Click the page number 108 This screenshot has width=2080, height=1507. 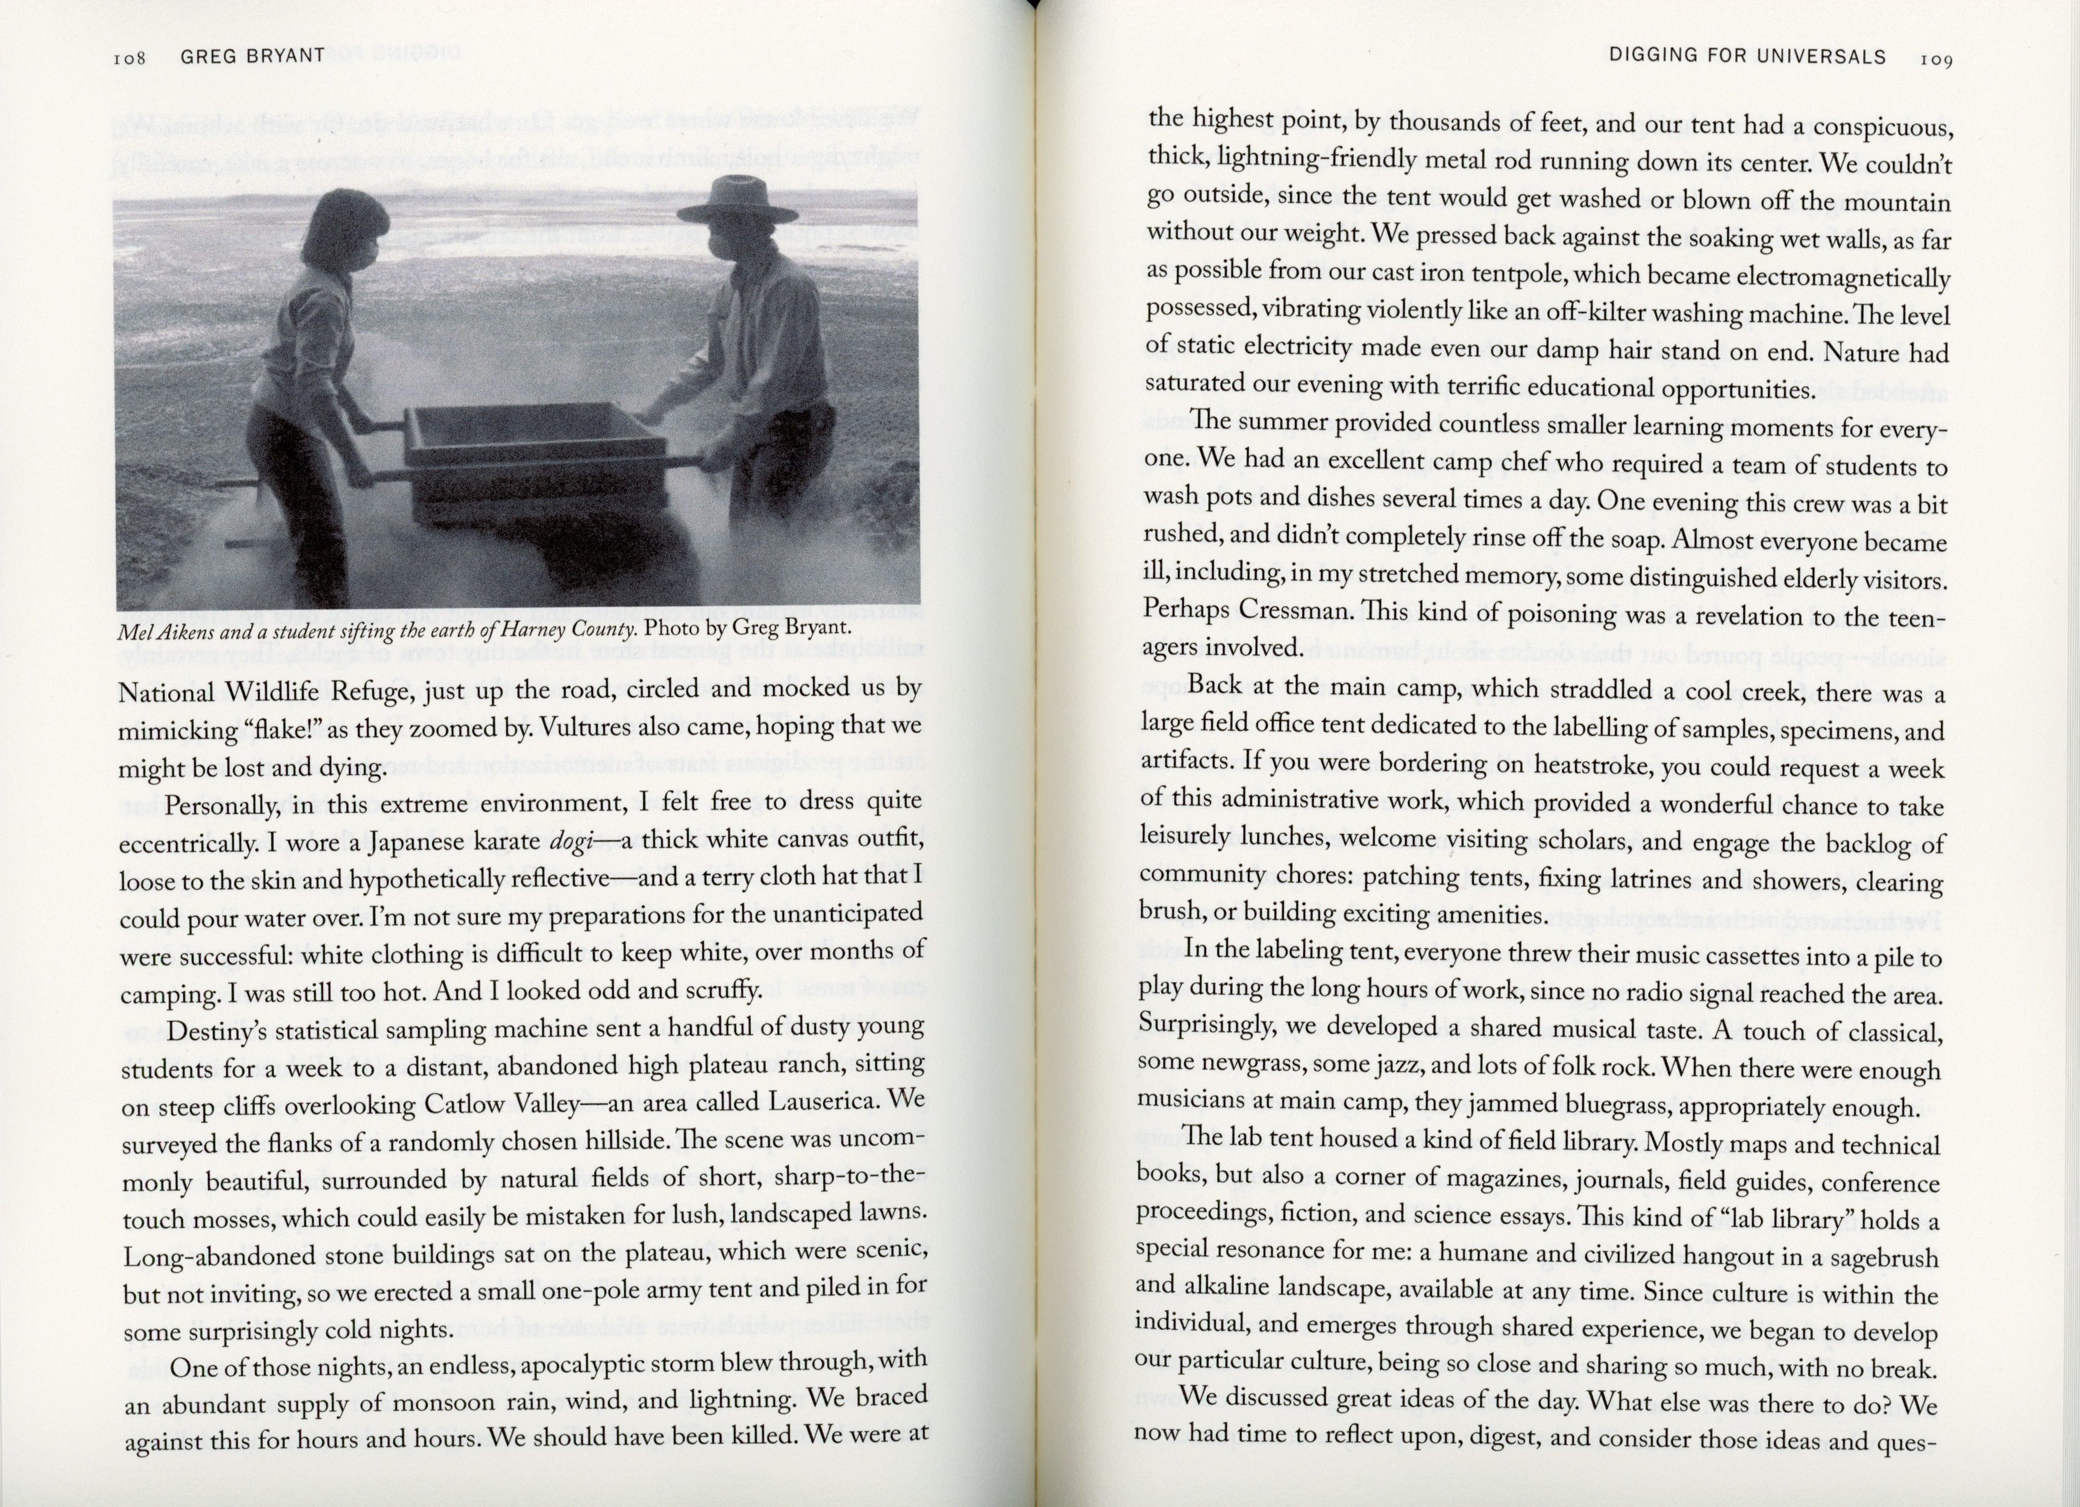(130, 58)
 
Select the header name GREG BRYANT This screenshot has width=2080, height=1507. (252, 56)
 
